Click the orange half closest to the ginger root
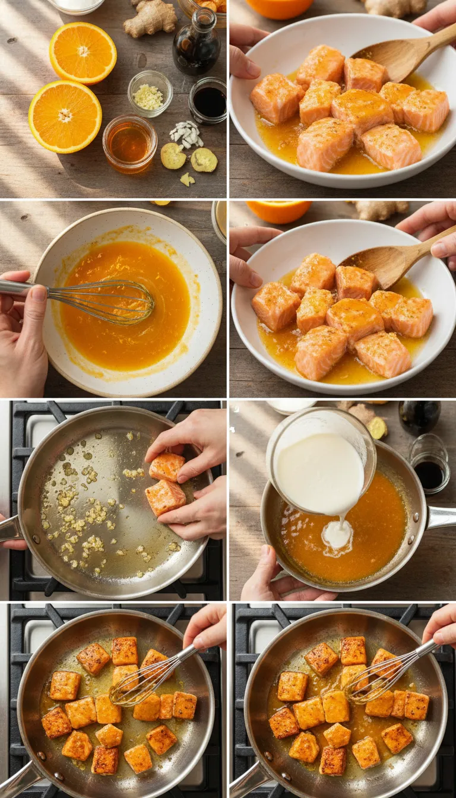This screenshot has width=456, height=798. point(83,52)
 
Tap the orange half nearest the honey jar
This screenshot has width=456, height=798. point(65,116)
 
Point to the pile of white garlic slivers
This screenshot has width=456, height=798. point(187,135)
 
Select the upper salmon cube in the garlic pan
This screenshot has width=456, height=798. point(167,467)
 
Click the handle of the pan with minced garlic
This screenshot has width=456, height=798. point(9,528)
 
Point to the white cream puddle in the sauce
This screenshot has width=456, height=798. point(337,535)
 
